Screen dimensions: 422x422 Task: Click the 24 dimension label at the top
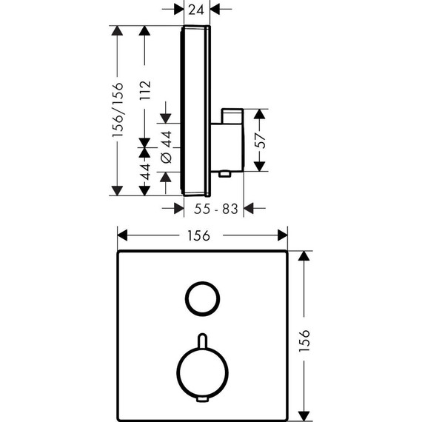pos(195,10)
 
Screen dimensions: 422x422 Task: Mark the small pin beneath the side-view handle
pos(223,175)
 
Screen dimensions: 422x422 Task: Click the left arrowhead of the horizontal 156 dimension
pos(121,235)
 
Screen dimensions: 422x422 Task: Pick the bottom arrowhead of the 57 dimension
pos(259,169)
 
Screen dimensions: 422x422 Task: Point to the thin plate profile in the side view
pos(182,111)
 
